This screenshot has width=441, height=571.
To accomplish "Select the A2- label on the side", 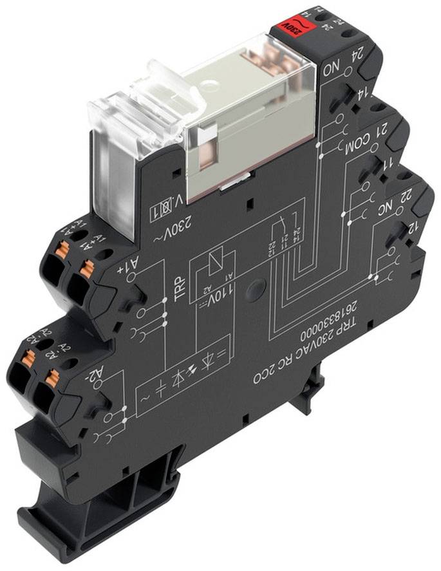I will (x=95, y=373).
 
